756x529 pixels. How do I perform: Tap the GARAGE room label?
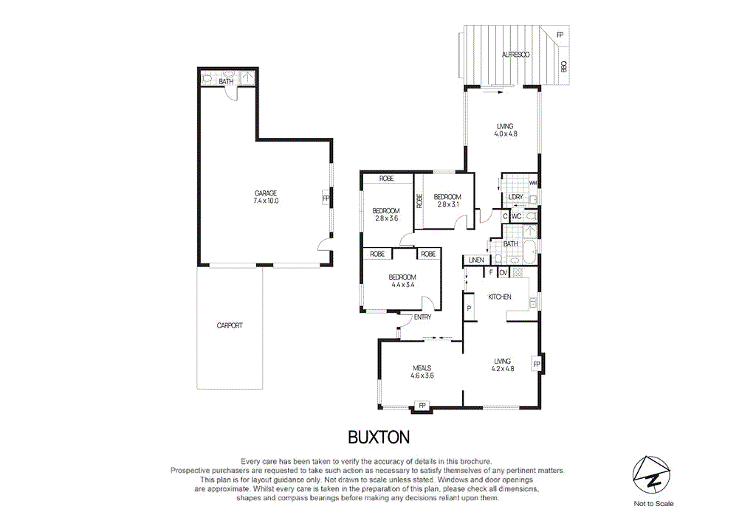265,193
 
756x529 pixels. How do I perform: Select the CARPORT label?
230,325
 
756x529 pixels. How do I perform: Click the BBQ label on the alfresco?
564,66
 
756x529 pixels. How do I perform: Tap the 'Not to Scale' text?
653,504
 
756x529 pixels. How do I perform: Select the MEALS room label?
422,367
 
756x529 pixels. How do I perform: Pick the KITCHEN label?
500,297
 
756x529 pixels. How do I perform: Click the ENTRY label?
422,317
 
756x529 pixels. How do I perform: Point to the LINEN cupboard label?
475,260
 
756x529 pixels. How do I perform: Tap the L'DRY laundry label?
515,197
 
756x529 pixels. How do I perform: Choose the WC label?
517,216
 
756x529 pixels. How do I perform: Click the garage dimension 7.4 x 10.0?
265,201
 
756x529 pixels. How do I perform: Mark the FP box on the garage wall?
325,198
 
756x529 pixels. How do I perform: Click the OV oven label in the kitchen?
504,273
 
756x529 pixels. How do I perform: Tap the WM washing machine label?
533,182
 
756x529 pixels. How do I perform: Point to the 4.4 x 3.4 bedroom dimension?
402,284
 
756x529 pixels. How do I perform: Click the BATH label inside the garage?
226,81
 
